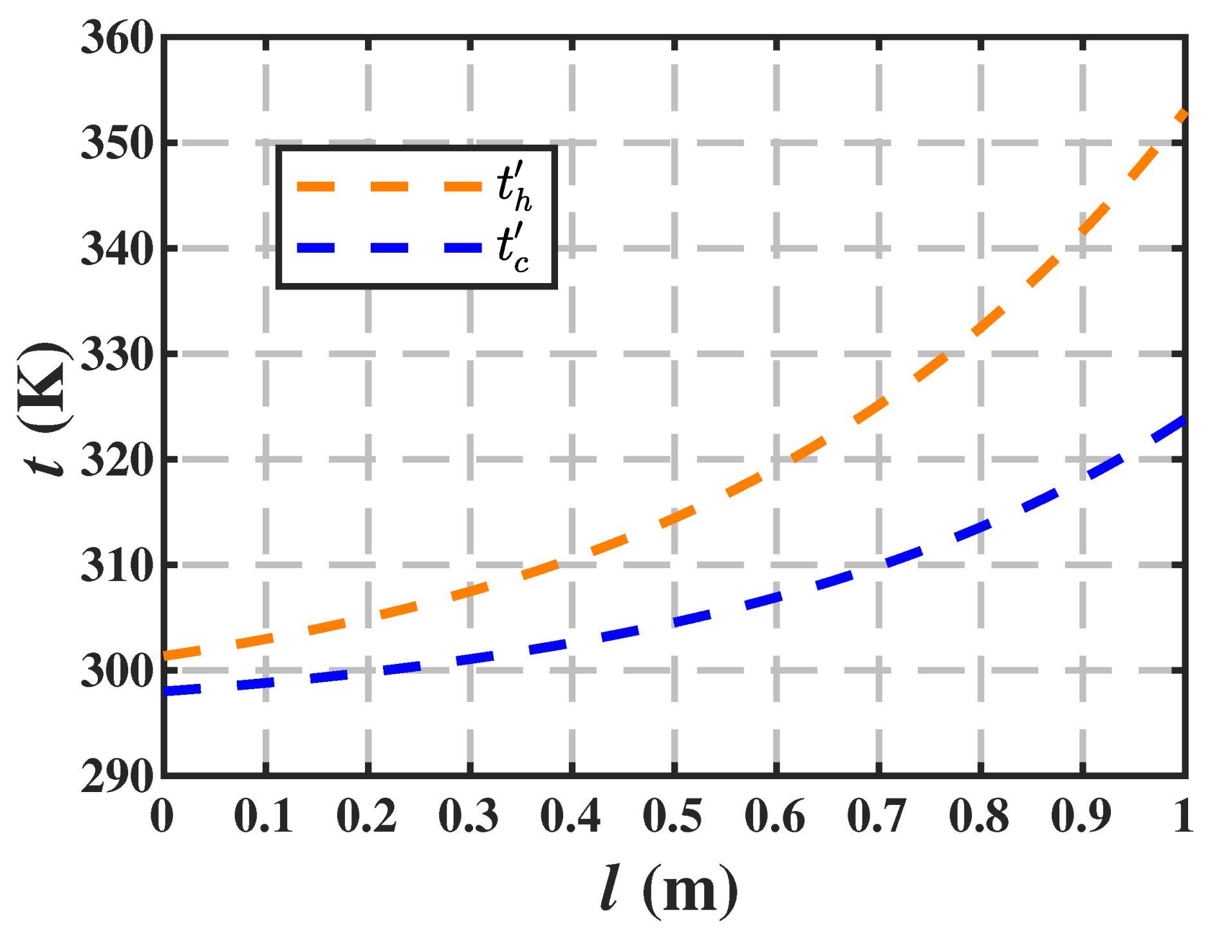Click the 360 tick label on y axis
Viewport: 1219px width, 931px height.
[x=117, y=39]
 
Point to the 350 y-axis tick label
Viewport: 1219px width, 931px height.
[x=117, y=144]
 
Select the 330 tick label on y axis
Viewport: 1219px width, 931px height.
[x=117, y=355]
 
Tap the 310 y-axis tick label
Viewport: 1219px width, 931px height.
[x=117, y=566]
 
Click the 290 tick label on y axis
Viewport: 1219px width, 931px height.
[x=117, y=777]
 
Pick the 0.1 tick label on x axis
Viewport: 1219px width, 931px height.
[x=264, y=817]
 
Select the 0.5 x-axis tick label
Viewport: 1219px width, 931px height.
[x=673, y=817]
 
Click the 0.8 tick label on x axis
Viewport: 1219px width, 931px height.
[x=979, y=817]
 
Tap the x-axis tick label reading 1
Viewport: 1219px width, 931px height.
[x=1182, y=817]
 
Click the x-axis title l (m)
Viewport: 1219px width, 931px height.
[x=669, y=891]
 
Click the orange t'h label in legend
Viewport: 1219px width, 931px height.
[x=514, y=187]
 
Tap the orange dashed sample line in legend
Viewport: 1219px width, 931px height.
[x=389, y=187]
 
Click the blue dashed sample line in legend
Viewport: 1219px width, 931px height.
[x=389, y=248]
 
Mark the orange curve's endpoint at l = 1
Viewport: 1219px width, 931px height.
[x=1183, y=115]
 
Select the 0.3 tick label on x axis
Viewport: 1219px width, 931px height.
[x=469, y=817]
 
